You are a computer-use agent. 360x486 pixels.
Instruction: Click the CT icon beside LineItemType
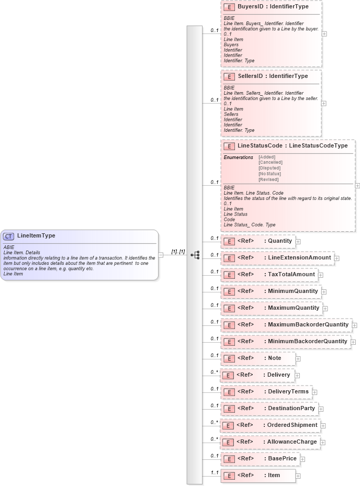point(9,236)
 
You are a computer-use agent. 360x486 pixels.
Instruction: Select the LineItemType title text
point(36,236)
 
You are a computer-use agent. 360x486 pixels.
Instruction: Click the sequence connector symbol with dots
point(195,255)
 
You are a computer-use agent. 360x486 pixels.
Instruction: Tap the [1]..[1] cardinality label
point(178,252)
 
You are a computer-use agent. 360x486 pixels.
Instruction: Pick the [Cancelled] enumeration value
point(270,162)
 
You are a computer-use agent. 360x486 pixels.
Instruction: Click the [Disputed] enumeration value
point(269,168)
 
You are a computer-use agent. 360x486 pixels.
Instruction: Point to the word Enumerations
point(238,157)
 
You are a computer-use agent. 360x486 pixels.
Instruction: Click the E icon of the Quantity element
point(228,241)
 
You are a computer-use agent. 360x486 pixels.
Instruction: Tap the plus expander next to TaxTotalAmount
point(321,275)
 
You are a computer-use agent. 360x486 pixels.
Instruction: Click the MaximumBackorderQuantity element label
point(308,324)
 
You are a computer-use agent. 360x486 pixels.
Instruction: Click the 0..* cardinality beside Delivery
point(214,372)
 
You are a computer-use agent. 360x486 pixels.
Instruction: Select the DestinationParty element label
point(291,408)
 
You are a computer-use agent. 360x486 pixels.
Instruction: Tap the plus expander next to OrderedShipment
point(323,426)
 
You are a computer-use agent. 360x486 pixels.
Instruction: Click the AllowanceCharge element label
point(292,442)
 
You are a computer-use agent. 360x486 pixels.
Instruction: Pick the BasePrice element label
point(282,458)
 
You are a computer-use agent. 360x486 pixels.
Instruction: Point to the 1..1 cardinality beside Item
point(214,472)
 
